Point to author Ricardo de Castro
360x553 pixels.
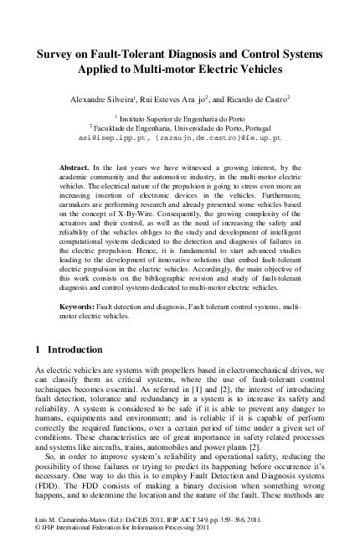point(255,97)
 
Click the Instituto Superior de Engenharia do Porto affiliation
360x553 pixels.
point(183,119)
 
